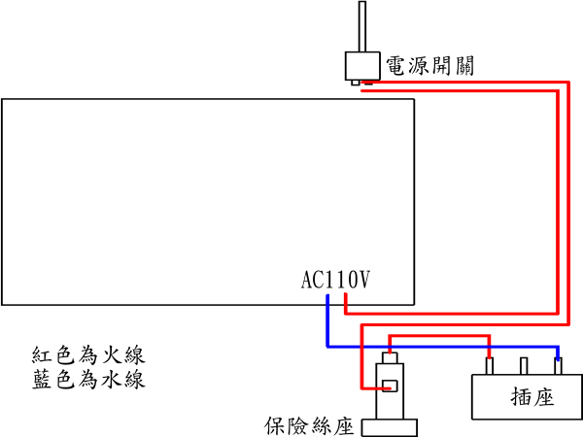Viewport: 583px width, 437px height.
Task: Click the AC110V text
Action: [336, 281]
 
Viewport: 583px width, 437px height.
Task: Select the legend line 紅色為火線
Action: [88, 354]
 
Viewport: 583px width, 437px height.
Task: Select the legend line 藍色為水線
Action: [88, 379]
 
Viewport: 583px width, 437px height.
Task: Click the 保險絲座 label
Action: [309, 426]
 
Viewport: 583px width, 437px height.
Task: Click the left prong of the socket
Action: [490, 365]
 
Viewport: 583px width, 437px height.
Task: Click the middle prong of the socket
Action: [524, 365]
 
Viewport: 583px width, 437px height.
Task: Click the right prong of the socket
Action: [558, 365]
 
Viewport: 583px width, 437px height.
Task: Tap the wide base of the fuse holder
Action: [389, 427]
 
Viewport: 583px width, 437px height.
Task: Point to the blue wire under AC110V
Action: [327, 320]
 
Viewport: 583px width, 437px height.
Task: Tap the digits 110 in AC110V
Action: [341, 281]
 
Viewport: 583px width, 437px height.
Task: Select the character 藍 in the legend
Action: [42, 379]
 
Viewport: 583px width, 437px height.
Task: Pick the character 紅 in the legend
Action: [42, 354]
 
